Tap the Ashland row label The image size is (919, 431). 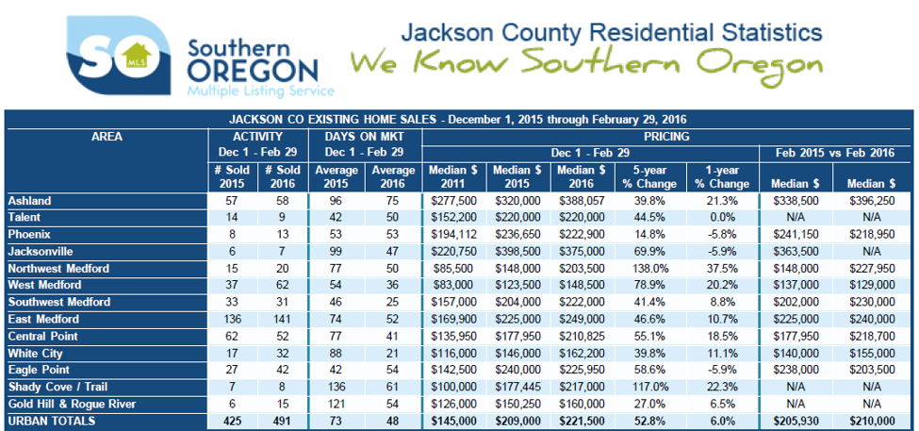30,201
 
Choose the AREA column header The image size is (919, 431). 107,137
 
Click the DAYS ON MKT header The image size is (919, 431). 364,137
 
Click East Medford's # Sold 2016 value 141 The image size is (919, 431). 285,320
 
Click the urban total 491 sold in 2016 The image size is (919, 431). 285,421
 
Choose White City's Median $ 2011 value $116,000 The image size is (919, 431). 453,353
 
